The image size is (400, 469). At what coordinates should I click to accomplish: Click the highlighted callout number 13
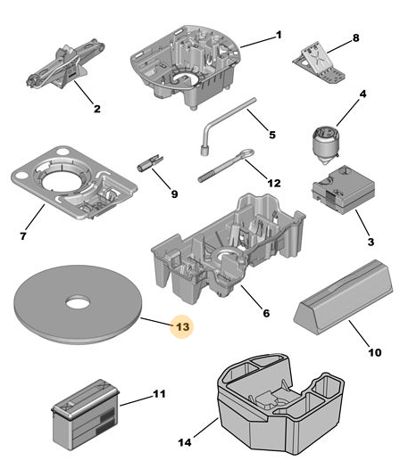[182, 326]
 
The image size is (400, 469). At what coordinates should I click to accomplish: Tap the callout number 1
[279, 35]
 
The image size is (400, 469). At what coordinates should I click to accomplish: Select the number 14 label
[184, 442]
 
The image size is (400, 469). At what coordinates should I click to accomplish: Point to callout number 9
[174, 194]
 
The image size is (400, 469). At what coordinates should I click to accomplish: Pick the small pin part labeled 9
[150, 162]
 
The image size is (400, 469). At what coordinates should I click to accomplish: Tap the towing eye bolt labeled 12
[226, 166]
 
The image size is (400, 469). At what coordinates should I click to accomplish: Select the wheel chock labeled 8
[319, 62]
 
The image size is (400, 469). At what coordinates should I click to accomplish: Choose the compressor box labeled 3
[344, 189]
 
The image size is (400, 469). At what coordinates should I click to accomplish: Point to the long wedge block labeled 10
[343, 297]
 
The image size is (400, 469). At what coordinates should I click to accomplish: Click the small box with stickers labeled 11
[86, 414]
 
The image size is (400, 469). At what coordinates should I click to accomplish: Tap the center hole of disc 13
[78, 302]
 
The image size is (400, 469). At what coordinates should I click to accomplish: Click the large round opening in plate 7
[61, 182]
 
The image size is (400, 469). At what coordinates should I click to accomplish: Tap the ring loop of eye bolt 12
[246, 154]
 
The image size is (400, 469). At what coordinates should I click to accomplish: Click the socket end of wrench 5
[204, 150]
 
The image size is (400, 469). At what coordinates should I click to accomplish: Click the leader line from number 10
[361, 333]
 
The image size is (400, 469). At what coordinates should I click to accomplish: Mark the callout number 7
[23, 236]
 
